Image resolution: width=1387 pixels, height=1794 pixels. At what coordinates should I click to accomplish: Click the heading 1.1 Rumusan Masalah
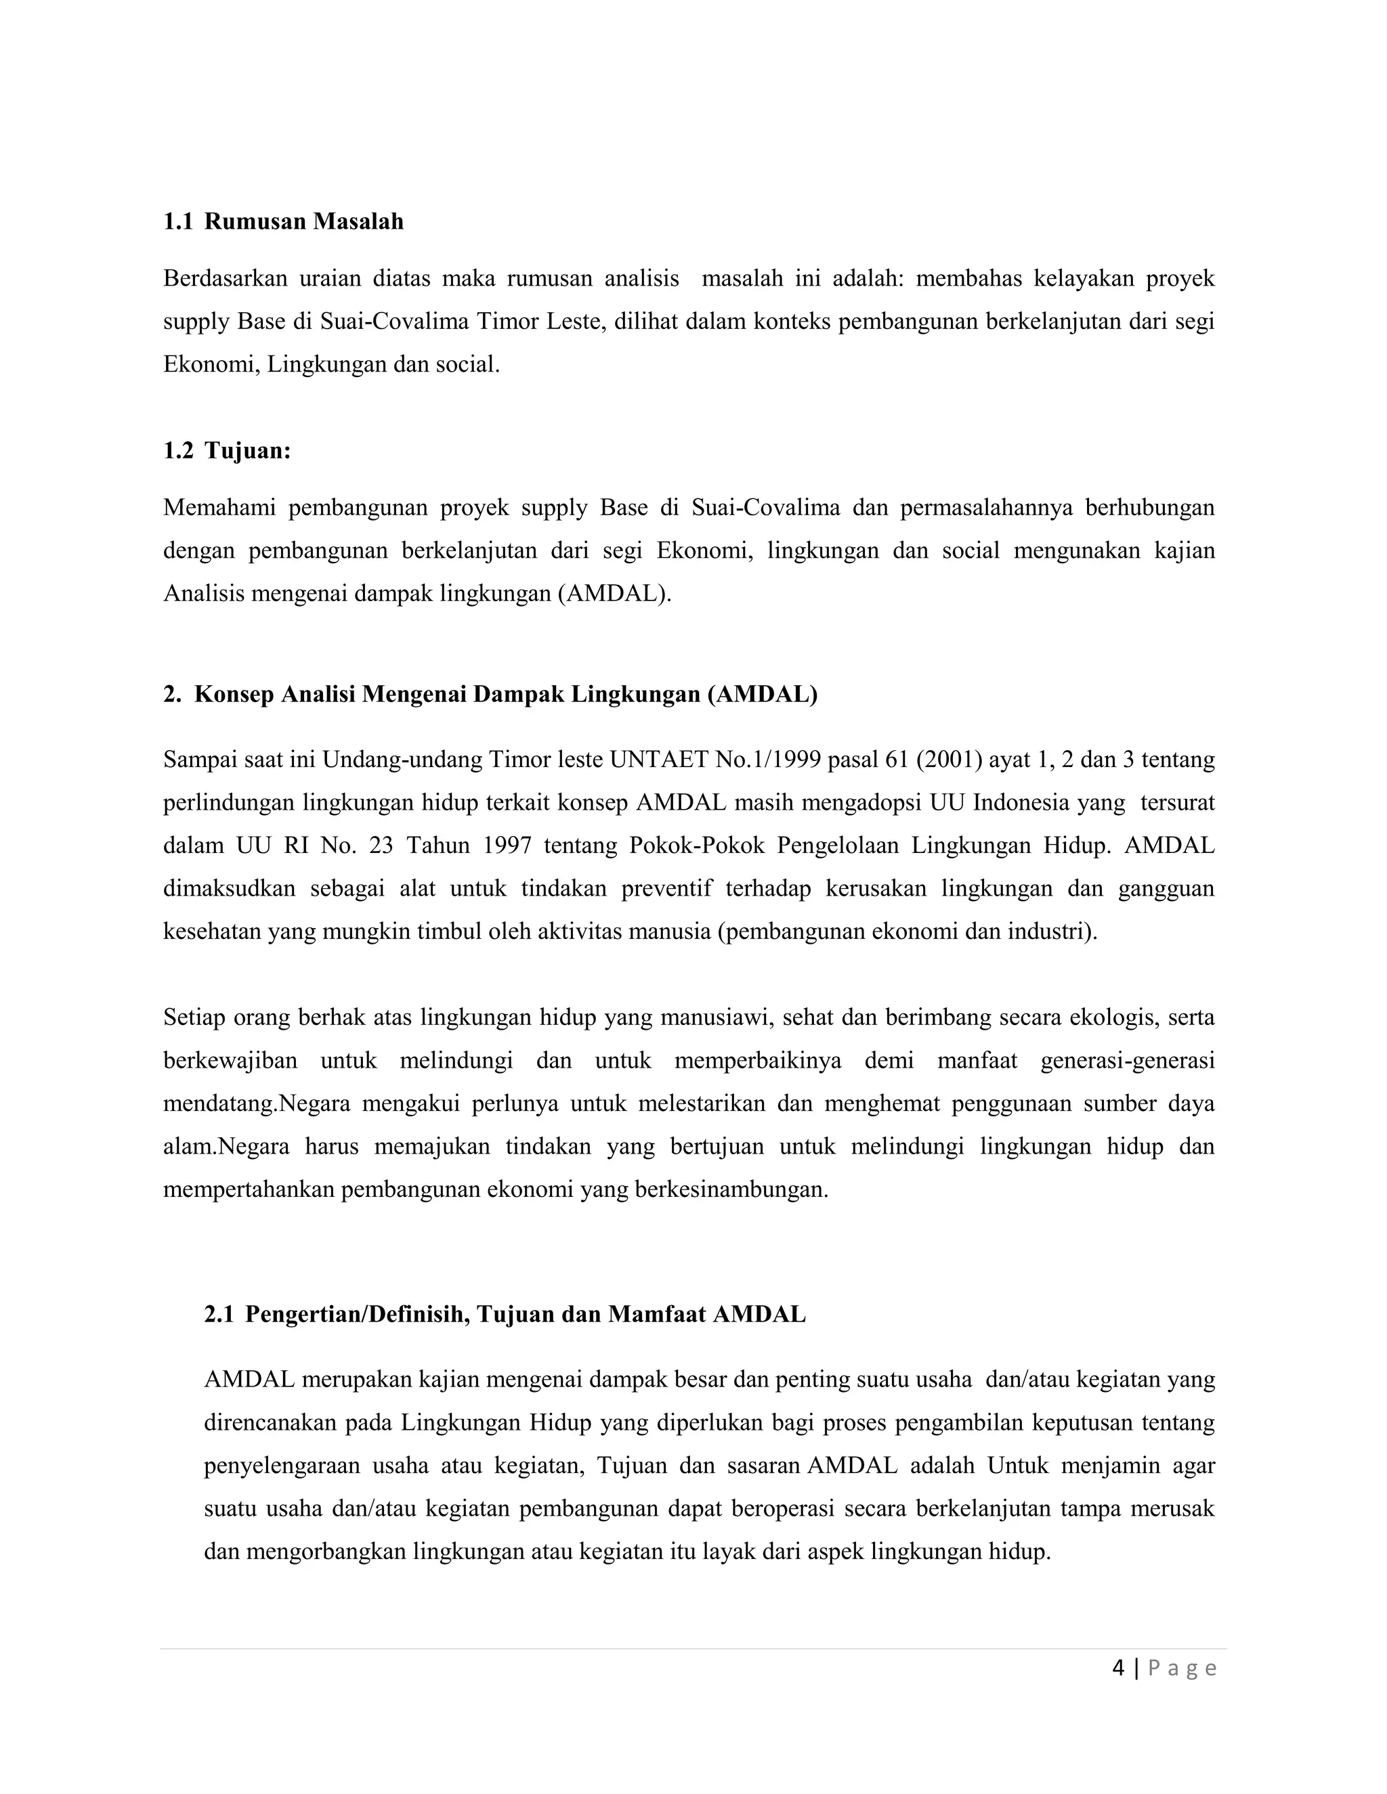click(284, 222)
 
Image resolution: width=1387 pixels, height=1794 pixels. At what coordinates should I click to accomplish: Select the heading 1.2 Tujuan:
click(228, 450)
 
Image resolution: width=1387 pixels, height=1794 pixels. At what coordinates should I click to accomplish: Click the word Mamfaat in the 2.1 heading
click(658, 1314)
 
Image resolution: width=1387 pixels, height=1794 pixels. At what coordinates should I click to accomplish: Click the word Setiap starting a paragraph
click(194, 1018)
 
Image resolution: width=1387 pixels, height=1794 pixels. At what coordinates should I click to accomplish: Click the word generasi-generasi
click(1128, 1060)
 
